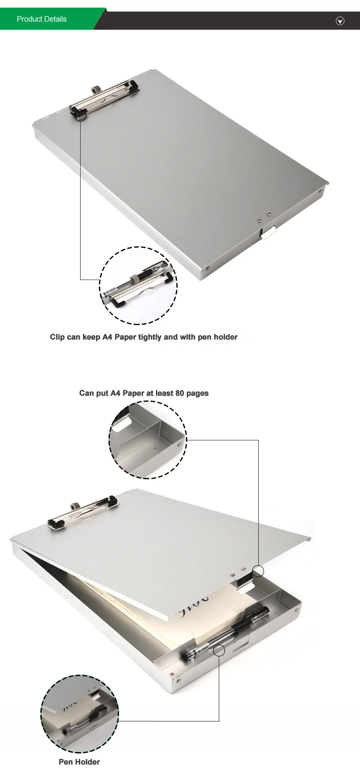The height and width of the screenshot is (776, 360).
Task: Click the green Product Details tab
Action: [x=42, y=19]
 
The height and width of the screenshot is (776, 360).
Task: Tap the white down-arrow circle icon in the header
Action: [x=340, y=21]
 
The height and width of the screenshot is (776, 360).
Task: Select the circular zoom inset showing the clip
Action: [x=138, y=286]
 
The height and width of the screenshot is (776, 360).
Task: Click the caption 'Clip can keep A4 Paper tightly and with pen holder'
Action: [x=144, y=337]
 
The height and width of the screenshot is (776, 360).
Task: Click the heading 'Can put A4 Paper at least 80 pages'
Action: [x=144, y=393]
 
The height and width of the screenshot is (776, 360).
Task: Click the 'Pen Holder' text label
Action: [x=79, y=762]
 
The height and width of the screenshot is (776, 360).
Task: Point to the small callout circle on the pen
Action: [x=219, y=650]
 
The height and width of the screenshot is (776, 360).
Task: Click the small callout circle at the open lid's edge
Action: [x=258, y=571]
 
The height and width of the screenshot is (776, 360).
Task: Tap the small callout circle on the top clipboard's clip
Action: [x=81, y=116]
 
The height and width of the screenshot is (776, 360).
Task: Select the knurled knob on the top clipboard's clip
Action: [x=95, y=90]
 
